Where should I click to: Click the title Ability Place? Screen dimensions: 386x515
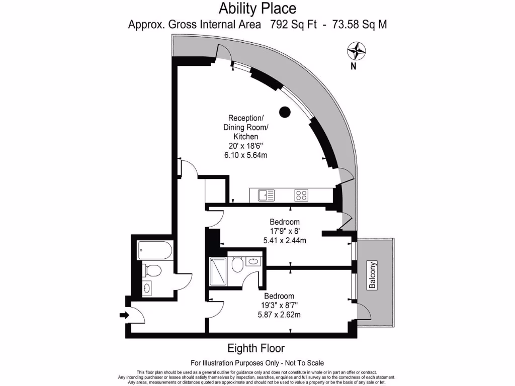click(257, 9)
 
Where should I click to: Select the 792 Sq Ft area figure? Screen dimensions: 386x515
click(293, 24)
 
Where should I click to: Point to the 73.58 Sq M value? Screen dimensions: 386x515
click(358, 24)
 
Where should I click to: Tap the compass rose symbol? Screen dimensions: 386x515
click(357, 51)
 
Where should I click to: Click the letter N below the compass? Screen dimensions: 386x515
click(354, 66)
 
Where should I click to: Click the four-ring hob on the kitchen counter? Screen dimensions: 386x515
click(301, 195)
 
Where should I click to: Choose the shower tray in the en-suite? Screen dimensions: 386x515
click(217, 271)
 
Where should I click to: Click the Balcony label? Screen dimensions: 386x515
click(373, 275)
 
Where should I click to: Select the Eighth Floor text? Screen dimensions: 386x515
click(256, 348)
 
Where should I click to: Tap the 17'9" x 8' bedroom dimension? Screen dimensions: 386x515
click(285, 231)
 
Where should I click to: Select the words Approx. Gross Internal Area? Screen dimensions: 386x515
click(195, 24)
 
